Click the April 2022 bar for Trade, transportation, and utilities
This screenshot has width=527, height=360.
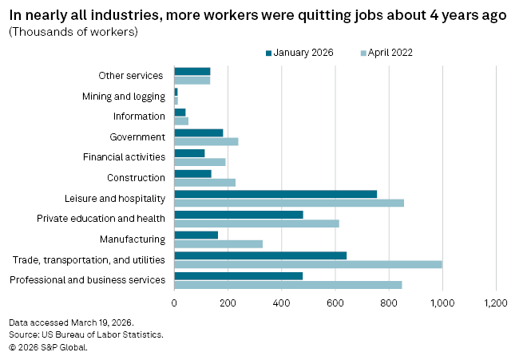click(x=308, y=264)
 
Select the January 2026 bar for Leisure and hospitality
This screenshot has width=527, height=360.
click(x=275, y=194)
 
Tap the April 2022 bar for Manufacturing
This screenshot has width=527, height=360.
click(x=218, y=243)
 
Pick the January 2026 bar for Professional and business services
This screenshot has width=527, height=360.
click(x=239, y=275)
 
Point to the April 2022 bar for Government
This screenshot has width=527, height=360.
click(x=206, y=141)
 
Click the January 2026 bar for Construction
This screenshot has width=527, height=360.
click(x=192, y=173)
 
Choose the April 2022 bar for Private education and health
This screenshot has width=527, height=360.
click(x=256, y=224)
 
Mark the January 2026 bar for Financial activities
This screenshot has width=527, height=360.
click(x=189, y=152)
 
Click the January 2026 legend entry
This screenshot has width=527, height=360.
click(x=299, y=53)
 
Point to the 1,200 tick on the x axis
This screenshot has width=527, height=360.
click(x=496, y=303)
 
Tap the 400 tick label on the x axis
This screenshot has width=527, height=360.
click(x=282, y=303)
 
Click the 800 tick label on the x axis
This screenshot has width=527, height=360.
click(x=389, y=303)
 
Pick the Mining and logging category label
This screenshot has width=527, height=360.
click(x=124, y=97)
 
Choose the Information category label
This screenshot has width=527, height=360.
click(x=139, y=117)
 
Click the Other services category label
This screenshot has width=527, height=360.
click(x=131, y=76)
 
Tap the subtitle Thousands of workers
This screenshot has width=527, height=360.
click(x=73, y=32)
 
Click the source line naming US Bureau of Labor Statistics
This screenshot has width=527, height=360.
click(x=86, y=334)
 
